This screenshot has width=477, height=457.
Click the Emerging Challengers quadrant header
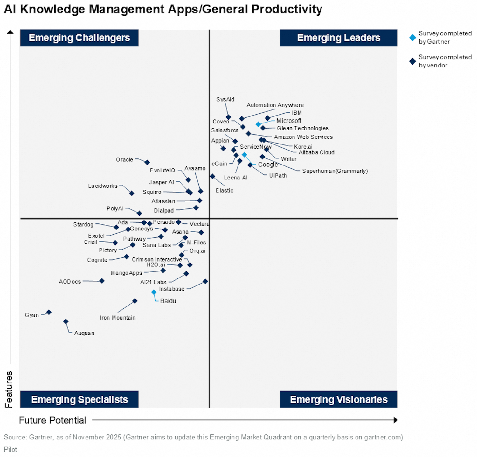tap(79, 38)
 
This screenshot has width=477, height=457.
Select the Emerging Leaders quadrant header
tap(338, 38)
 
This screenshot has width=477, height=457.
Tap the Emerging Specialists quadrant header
tap(79, 399)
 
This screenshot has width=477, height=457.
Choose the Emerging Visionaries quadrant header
tap(338, 399)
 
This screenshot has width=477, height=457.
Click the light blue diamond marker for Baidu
tap(154, 292)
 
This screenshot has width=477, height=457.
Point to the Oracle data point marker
tap(147, 162)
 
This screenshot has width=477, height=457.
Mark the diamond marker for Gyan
tap(49, 312)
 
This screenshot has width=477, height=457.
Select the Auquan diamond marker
tap(66, 322)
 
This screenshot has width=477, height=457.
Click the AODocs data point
tap(102, 281)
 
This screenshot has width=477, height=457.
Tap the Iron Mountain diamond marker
tap(135, 301)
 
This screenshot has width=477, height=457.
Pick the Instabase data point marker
tap(205, 281)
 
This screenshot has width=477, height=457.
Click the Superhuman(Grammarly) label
tap(335, 171)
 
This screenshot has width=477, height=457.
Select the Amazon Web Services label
tap(303, 137)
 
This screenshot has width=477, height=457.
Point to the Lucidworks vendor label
tap(103, 186)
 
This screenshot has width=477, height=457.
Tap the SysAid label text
tap(225, 99)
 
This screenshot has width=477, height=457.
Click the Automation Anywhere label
tap(275, 105)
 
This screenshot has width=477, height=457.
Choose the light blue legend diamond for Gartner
tap(412, 38)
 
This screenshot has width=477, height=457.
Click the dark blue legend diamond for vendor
tap(412, 61)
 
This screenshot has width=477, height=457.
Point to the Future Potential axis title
tap(52, 420)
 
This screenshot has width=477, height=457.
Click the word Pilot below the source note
tap(10, 449)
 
